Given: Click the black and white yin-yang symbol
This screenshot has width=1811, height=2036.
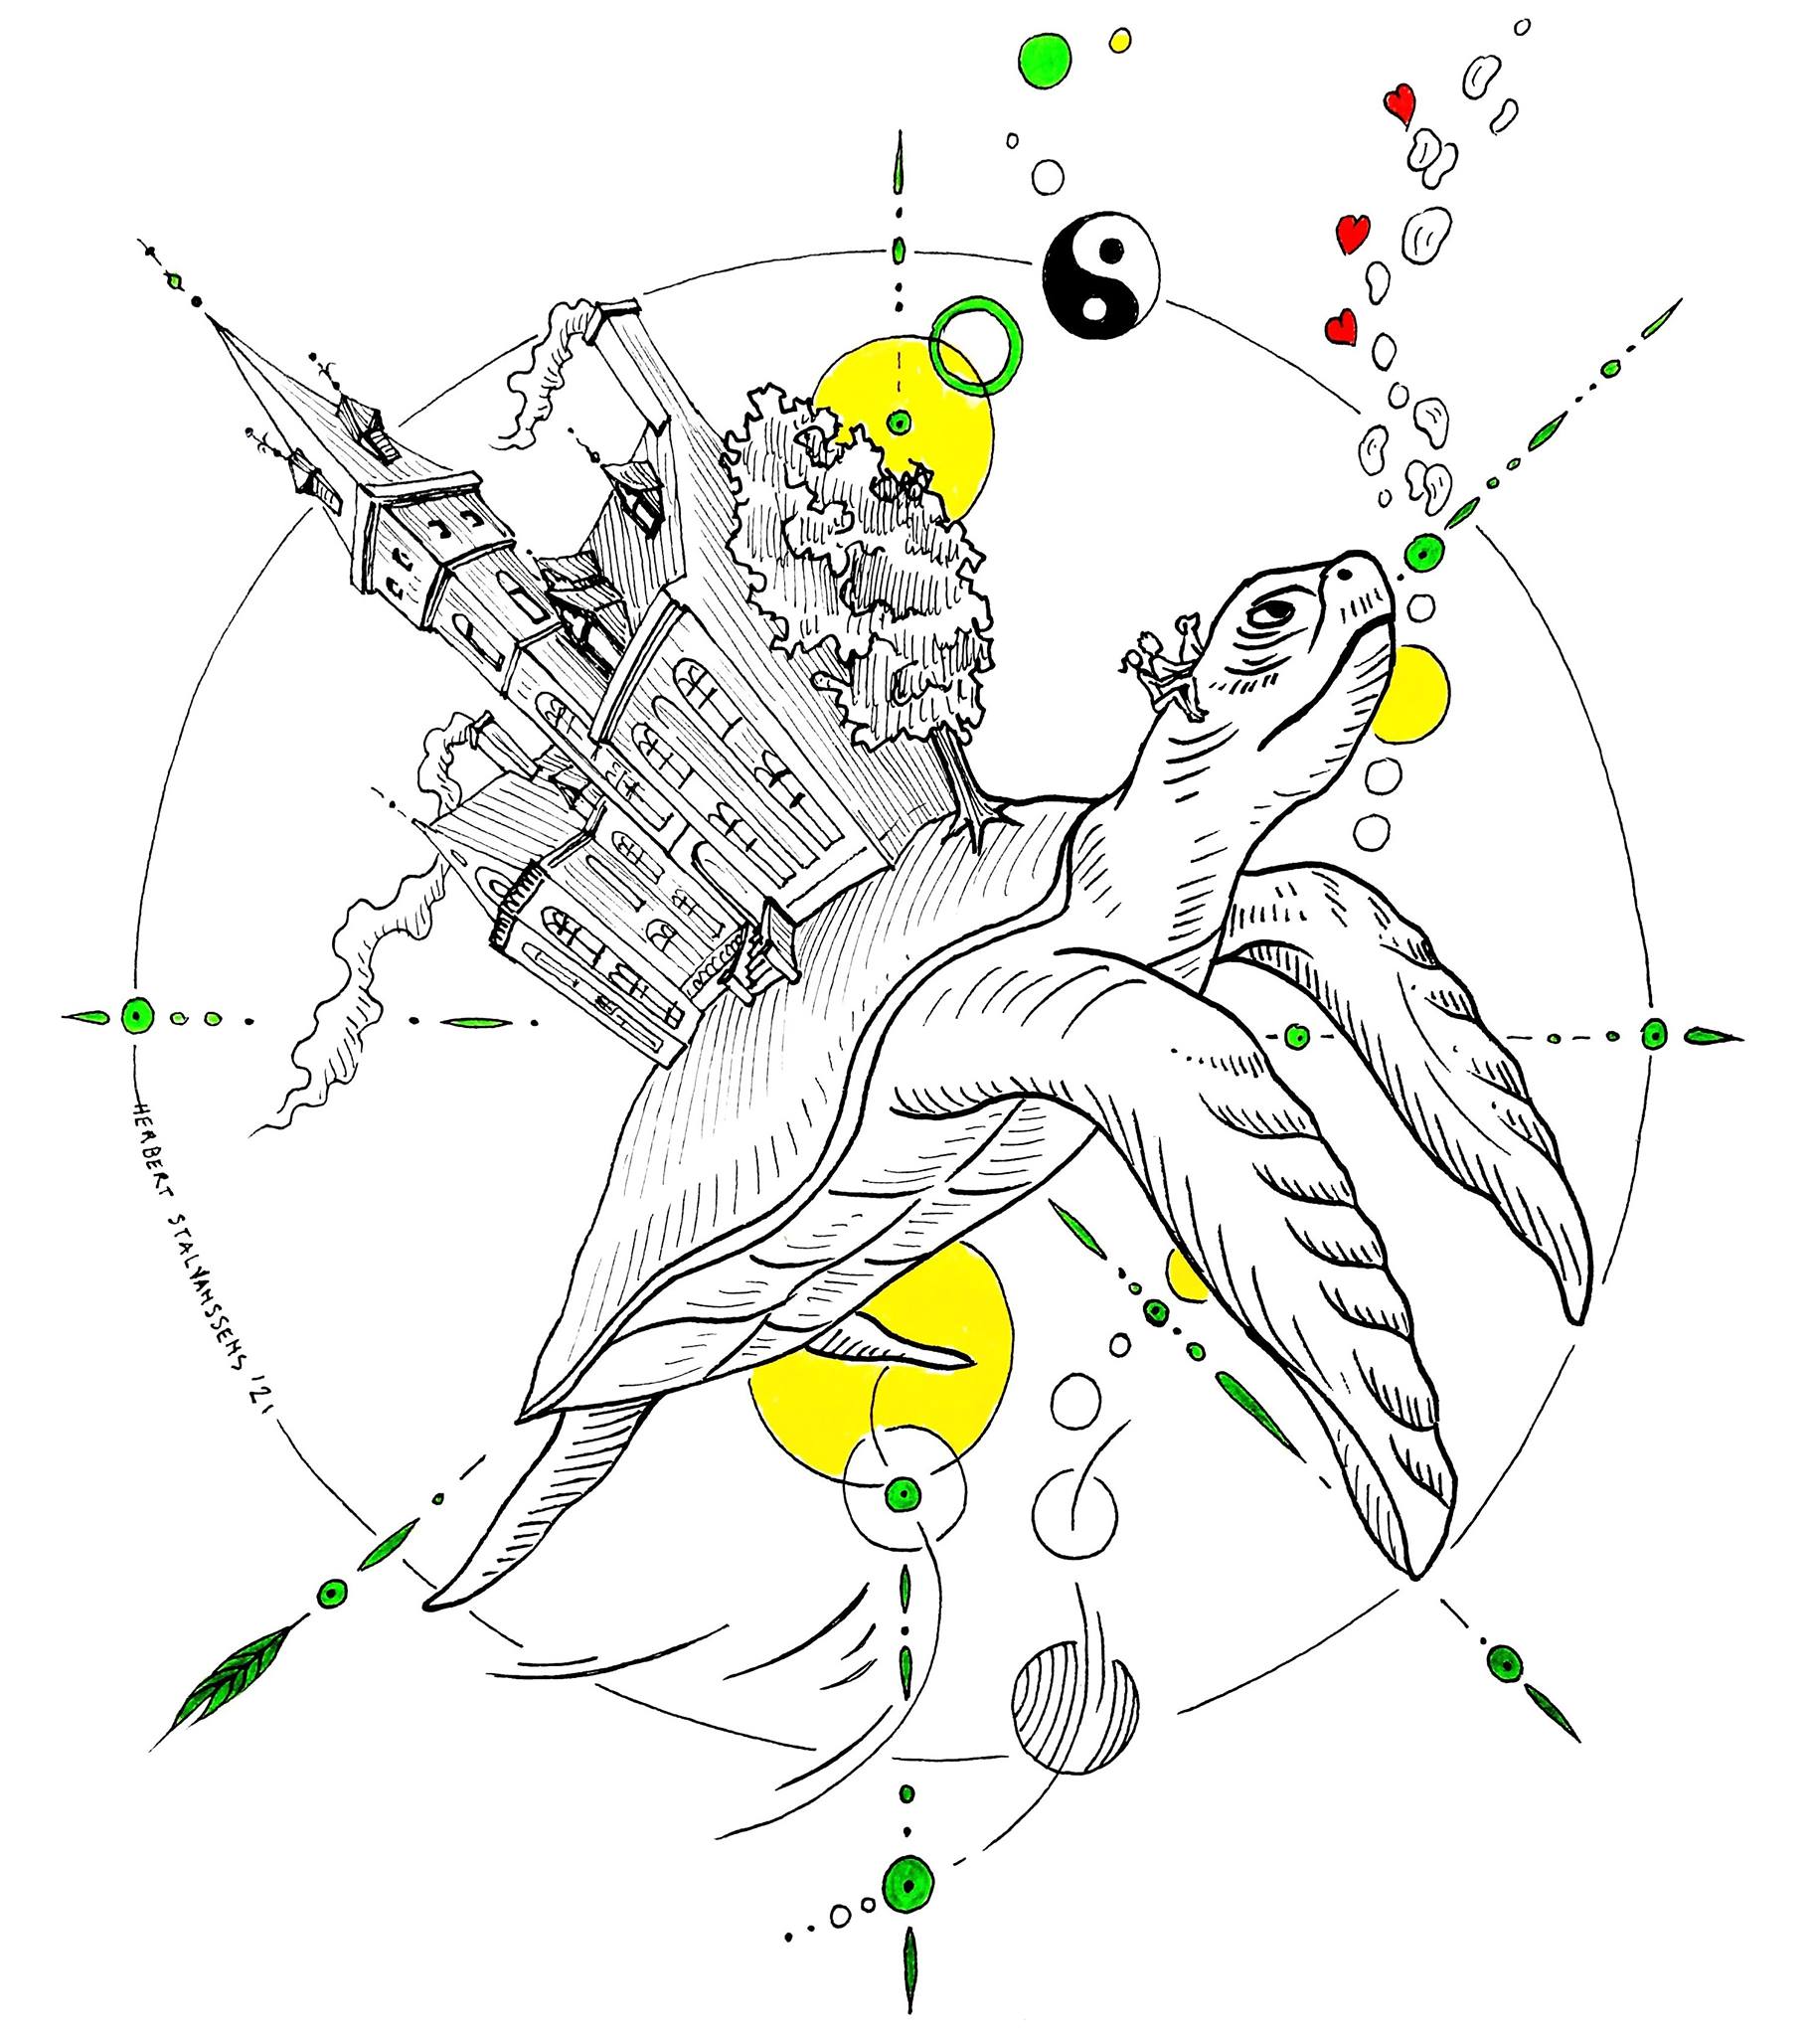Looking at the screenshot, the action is [x=1101, y=271].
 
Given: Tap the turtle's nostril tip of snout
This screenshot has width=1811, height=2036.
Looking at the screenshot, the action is [x=1348, y=572].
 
